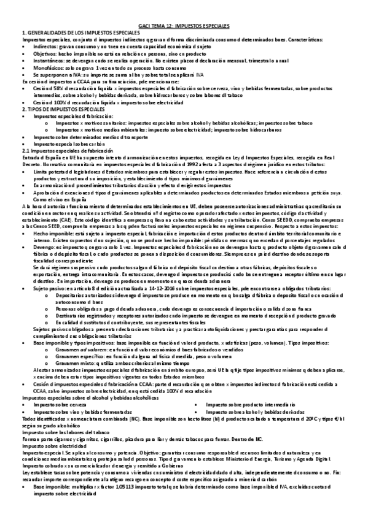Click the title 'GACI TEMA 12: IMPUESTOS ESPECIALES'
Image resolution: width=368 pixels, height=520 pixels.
coord(184,28)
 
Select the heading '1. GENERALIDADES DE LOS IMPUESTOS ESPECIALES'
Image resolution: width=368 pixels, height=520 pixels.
coord(71,34)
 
